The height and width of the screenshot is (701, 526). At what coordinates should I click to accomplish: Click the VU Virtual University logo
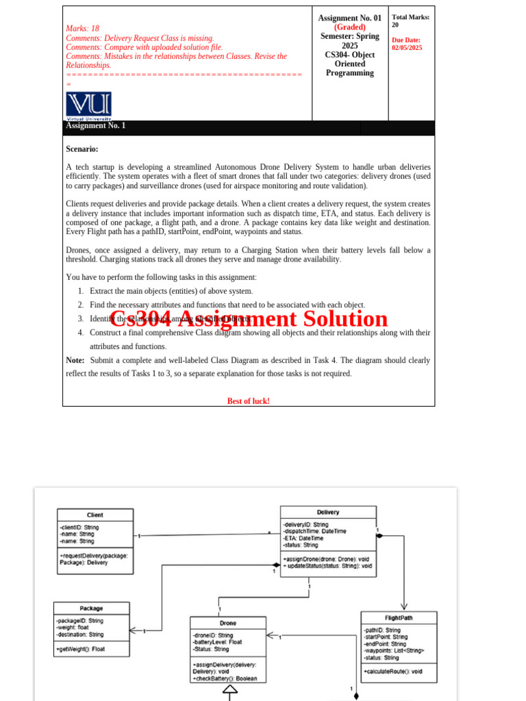click(x=88, y=105)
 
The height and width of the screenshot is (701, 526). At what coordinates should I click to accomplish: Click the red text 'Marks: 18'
click(x=82, y=29)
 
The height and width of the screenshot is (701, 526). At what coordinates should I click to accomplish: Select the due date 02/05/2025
click(x=407, y=48)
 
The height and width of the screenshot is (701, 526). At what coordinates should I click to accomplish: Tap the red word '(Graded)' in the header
click(x=349, y=27)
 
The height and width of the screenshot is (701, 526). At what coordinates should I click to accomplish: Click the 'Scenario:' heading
click(x=82, y=149)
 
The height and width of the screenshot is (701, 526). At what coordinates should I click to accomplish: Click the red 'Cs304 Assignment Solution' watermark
click(x=249, y=319)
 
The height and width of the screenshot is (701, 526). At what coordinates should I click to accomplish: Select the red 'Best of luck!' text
click(x=248, y=401)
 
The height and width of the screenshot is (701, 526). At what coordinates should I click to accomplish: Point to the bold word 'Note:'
click(x=75, y=360)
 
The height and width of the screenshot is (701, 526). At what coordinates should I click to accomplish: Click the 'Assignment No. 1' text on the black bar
click(x=95, y=126)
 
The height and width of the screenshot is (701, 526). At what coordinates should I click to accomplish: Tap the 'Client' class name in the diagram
click(x=95, y=515)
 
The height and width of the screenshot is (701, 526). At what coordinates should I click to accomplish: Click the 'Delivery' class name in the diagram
click(x=328, y=512)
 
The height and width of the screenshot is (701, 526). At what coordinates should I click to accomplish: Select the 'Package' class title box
click(x=91, y=608)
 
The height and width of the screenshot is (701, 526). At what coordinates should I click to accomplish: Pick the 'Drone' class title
click(x=228, y=623)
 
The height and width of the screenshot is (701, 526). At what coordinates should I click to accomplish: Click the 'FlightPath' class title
click(x=399, y=617)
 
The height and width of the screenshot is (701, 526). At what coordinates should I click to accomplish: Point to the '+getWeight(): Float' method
click(x=81, y=649)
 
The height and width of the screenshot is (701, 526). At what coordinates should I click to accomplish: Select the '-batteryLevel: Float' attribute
click(x=217, y=642)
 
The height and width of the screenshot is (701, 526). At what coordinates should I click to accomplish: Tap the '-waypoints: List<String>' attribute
click(x=394, y=650)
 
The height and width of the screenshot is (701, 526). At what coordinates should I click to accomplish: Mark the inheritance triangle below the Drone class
click(x=229, y=691)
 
